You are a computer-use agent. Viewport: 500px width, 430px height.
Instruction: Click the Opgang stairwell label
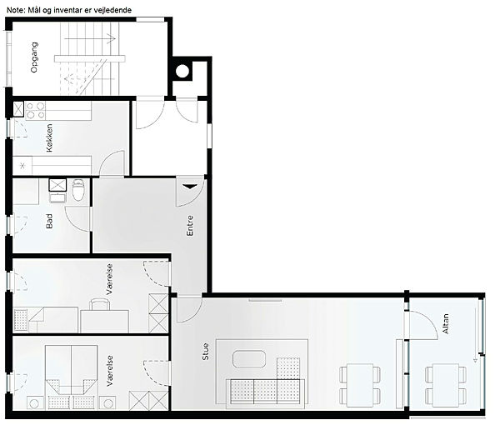click(x=34, y=57)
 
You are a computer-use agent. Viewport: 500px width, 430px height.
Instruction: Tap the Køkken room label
click(x=49, y=137)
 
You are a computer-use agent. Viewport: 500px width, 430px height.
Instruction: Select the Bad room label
click(x=49, y=221)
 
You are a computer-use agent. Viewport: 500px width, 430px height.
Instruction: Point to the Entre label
click(x=190, y=226)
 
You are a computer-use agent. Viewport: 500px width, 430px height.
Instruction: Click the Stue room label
click(x=206, y=352)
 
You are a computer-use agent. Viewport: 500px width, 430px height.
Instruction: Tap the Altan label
click(x=446, y=324)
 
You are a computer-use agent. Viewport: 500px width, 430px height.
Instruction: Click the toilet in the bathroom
click(x=78, y=190)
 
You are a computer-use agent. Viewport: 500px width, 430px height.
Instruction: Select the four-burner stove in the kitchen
click(x=35, y=110)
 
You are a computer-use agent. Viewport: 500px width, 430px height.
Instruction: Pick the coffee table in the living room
click(x=249, y=359)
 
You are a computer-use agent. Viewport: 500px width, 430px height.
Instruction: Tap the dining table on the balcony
click(x=446, y=385)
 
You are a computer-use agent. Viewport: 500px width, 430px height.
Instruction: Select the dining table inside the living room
click(x=360, y=385)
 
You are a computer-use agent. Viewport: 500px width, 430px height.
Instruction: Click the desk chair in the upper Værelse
click(x=100, y=304)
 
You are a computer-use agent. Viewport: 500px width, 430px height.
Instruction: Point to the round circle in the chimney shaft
click(x=182, y=71)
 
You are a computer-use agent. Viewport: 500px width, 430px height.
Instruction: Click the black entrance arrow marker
click(x=189, y=187)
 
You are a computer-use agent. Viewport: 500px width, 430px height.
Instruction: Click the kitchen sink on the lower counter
click(x=22, y=165)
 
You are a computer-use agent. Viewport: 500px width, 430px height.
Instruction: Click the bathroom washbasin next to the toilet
click(x=57, y=197)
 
